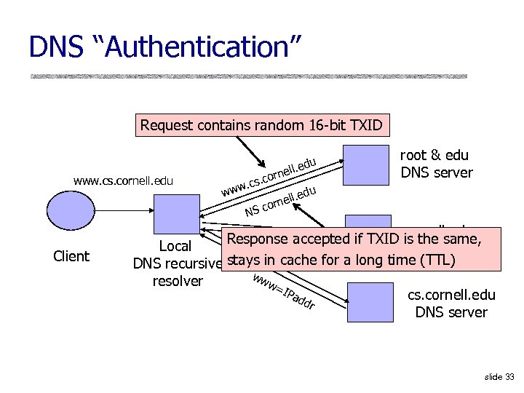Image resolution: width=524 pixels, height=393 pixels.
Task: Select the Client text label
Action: (x=71, y=256)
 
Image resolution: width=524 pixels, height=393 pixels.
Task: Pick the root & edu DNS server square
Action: (x=366, y=166)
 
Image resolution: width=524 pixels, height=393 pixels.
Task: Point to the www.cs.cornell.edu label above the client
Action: (x=123, y=180)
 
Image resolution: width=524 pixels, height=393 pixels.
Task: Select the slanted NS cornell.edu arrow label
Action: (x=281, y=202)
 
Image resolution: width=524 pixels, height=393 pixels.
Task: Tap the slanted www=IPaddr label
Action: (x=283, y=293)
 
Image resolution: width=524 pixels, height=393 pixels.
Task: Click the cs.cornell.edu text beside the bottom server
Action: (x=451, y=295)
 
